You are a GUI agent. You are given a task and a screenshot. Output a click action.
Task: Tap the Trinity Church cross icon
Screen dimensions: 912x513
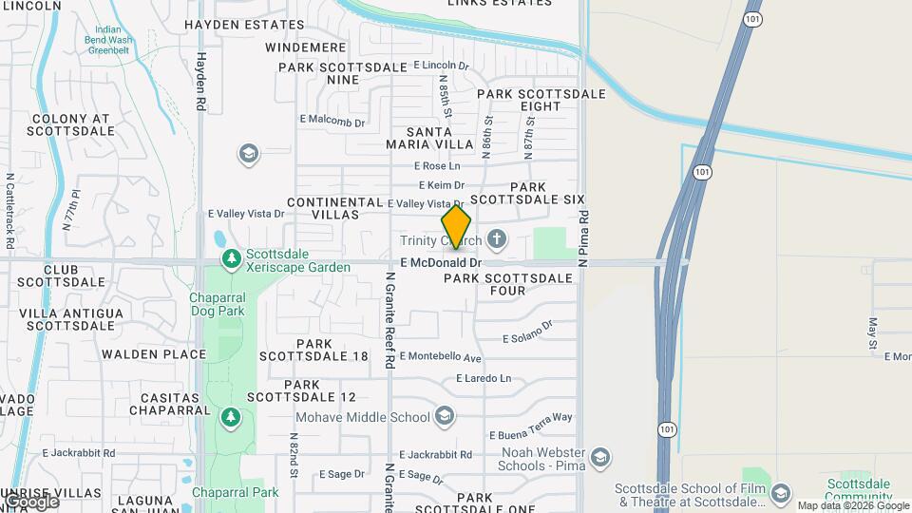coord(496,237)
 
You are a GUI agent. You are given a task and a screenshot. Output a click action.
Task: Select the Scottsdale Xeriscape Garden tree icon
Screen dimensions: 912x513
coord(231,259)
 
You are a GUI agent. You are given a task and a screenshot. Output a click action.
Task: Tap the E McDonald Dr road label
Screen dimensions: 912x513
coord(441,262)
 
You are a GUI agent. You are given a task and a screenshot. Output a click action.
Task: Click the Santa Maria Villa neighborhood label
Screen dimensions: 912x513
coord(429,138)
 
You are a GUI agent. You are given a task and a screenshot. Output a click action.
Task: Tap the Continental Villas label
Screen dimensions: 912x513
coord(333,208)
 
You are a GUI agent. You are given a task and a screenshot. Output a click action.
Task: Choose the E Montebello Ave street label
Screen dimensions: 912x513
coord(441,357)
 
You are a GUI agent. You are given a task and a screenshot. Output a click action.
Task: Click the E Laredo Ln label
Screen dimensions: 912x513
coord(484,378)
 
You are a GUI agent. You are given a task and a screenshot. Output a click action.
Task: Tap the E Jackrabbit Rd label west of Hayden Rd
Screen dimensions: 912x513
coord(79,453)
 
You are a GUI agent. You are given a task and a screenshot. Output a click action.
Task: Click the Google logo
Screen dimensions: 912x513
coord(31,501)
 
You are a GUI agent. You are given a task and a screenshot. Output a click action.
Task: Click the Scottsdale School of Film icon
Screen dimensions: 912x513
coord(780,492)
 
